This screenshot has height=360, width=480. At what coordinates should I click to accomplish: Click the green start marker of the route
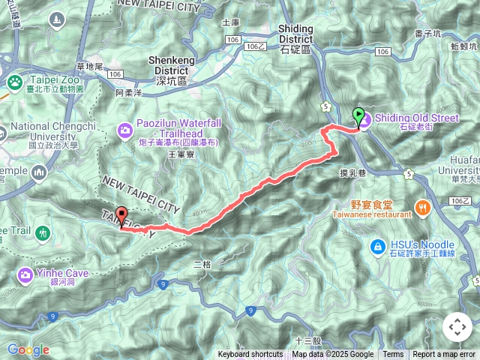click(358, 116)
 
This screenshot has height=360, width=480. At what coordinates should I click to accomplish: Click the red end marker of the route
click(121, 214)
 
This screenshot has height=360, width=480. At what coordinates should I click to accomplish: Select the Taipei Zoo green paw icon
click(13, 82)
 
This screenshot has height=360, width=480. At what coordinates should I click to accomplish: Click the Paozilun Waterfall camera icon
click(124, 131)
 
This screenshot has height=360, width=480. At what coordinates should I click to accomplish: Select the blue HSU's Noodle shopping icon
click(379, 246)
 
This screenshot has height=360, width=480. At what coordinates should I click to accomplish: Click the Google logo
click(28, 349)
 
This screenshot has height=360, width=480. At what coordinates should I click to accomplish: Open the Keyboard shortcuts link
click(250, 355)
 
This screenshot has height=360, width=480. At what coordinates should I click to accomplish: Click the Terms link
click(393, 355)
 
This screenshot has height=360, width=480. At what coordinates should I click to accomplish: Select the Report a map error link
click(444, 355)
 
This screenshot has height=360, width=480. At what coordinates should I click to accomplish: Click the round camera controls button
click(457, 327)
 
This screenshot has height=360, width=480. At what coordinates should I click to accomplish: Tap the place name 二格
click(202, 264)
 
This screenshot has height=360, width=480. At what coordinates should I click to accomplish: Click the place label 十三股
click(308, 340)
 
